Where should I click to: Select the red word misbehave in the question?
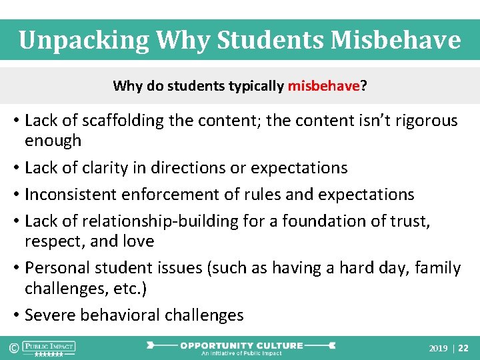coord(324,86)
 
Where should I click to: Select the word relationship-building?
coord(153,221)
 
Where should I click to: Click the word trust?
coord(411,221)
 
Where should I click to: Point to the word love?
coord(138,241)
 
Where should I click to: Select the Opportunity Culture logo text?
coord(241,346)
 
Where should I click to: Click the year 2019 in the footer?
coord(438,349)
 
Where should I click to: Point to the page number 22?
coord(464,349)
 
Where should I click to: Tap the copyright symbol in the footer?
coord(13,348)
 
